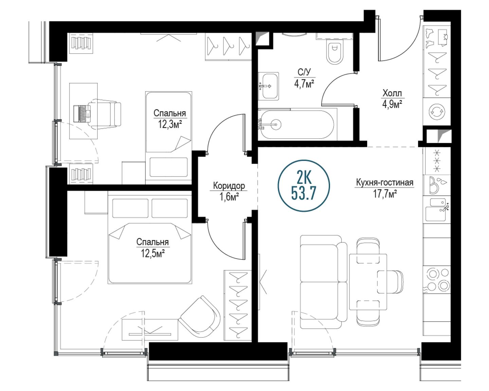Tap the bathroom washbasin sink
click(x=269, y=86)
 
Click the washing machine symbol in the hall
click(x=436, y=112)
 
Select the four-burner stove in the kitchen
click(x=436, y=280)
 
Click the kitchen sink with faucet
click(x=436, y=209)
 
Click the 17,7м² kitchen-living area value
click(x=385, y=194)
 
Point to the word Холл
click(x=392, y=93)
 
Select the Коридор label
click(x=229, y=186)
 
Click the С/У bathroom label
click(x=304, y=72)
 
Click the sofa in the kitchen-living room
click(x=324, y=282)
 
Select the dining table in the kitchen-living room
click(x=368, y=282)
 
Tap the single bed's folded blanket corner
click(x=182, y=143)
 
